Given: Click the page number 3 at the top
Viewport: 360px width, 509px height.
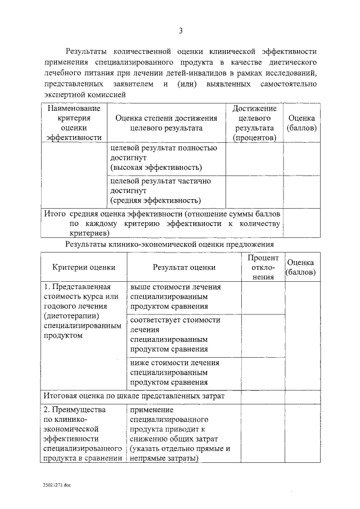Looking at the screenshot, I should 180,30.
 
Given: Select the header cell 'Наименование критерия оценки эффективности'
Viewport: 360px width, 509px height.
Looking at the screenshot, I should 74,122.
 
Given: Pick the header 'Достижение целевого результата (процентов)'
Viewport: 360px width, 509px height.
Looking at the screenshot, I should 254,122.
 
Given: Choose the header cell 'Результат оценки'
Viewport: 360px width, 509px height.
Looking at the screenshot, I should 183,268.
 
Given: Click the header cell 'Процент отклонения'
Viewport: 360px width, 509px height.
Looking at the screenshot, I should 263,267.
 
